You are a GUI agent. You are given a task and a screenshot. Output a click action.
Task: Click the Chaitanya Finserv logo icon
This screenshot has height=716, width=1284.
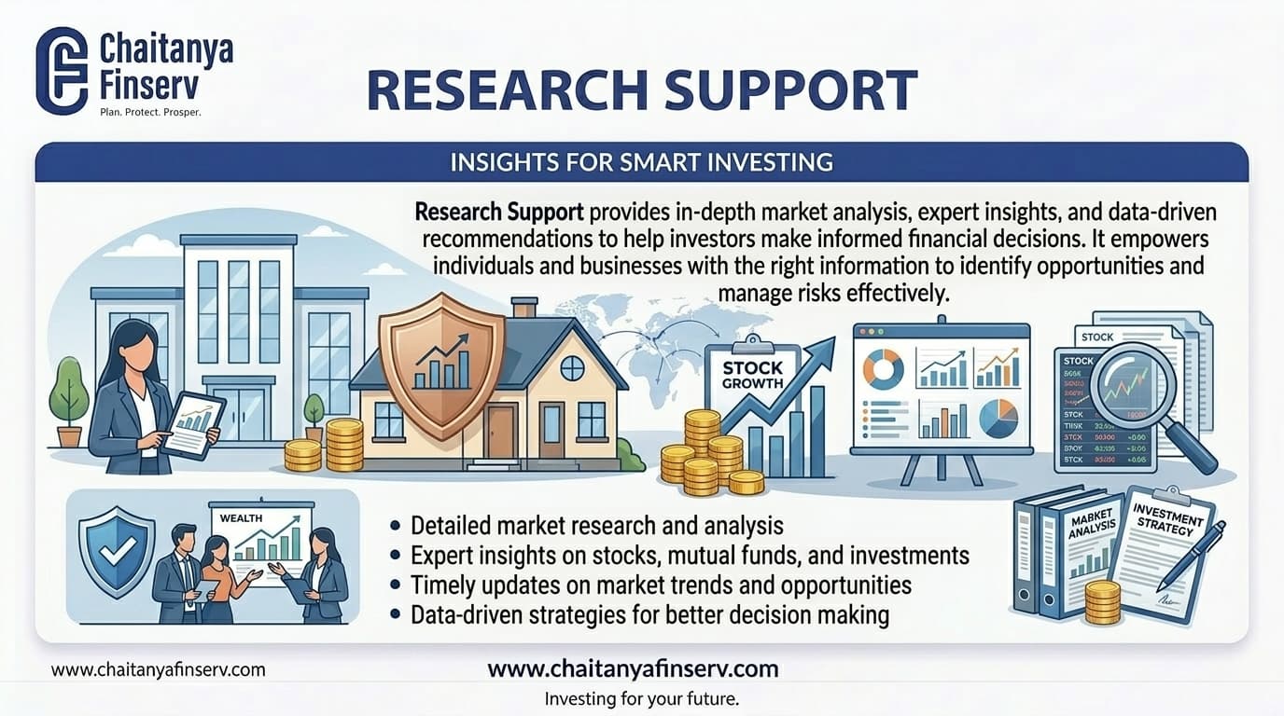pyautogui.click(x=62, y=71)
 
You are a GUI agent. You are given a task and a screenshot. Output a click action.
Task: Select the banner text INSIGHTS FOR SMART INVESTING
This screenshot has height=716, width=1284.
pyautogui.click(x=641, y=162)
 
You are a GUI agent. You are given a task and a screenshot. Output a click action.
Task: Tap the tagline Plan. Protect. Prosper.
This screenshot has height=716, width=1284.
pyautogui.click(x=150, y=112)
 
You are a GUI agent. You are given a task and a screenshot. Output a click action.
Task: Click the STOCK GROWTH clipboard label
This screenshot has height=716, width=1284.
pyautogui.click(x=752, y=374)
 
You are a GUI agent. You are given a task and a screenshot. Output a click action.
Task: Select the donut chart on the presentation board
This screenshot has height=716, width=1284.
pyautogui.click(x=882, y=369)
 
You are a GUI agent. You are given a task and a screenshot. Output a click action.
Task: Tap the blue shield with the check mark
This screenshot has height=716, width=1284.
pyautogui.click(x=117, y=553)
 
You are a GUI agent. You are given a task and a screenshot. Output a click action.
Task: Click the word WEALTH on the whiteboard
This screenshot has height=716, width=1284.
pyautogui.click(x=242, y=518)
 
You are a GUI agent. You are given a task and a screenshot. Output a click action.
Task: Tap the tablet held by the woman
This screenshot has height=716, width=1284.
pyautogui.click(x=193, y=425)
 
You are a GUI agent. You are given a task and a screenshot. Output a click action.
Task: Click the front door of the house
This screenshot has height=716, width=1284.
pyautogui.click(x=500, y=430)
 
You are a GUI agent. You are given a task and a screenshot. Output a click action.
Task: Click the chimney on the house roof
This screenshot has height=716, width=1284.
pyautogui.click(x=524, y=308)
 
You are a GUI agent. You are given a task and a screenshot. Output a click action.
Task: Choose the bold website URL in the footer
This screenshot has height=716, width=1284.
pyautogui.click(x=633, y=668)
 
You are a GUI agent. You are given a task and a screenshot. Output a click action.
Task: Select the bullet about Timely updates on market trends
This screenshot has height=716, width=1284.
pyautogui.click(x=660, y=585)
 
